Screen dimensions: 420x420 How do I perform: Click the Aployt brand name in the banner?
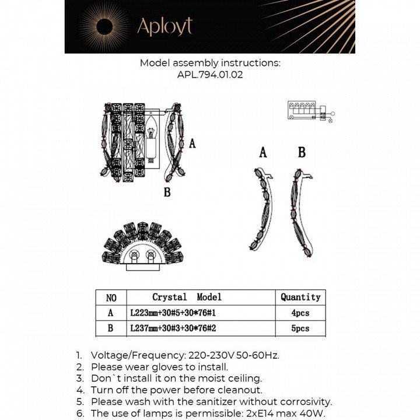164,26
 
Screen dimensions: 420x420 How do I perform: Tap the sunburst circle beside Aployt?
104,26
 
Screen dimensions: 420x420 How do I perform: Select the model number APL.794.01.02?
209,75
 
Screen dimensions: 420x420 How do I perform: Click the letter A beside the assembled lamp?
192,143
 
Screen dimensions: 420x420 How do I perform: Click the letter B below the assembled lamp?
167,192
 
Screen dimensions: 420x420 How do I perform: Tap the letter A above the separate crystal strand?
263,153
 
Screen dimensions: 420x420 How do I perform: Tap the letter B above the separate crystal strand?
302,152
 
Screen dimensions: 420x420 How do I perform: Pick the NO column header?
111,297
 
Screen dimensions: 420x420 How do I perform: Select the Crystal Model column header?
187,297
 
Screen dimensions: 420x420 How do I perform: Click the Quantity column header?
300,297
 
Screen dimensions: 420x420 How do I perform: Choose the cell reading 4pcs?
300,313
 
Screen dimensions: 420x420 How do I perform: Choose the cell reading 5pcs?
300,328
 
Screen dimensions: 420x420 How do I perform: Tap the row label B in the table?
111,328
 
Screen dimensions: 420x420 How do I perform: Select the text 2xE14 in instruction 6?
264,413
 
